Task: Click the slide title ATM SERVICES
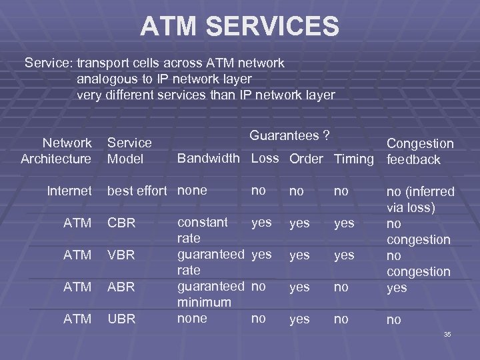pyautogui.click(x=239, y=27)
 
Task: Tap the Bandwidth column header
pyautogui.click(x=207, y=159)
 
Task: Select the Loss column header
pyautogui.click(x=265, y=159)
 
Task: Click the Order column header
pyautogui.click(x=307, y=159)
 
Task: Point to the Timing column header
pyautogui.click(x=353, y=159)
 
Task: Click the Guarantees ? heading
pyautogui.click(x=289, y=135)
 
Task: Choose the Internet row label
pyautogui.click(x=69, y=191)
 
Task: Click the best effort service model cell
pyautogui.click(x=137, y=191)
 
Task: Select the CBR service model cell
pyautogui.click(x=121, y=223)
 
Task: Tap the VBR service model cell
pyautogui.click(x=121, y=255)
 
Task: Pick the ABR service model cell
pyautogui.click(x=121, y=287)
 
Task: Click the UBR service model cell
pyautogui.click(x=121, y=319)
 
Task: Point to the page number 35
pyautogui.click(x=447, y=334)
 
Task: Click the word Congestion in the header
pyautogui.click(x=420, y=143)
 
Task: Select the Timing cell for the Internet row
pyautogui.click(x=341, y=191)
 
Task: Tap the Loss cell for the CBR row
pyautogui.click(x=261, y=222)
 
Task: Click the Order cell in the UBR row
pyautogui.click(x=299, y=319)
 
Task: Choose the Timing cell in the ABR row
pyautogui.click(x=341, y=287)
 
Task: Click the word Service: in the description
pyautogui.click(x=49, y=63)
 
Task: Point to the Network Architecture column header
pyautogui.click(x=57, y=151)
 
